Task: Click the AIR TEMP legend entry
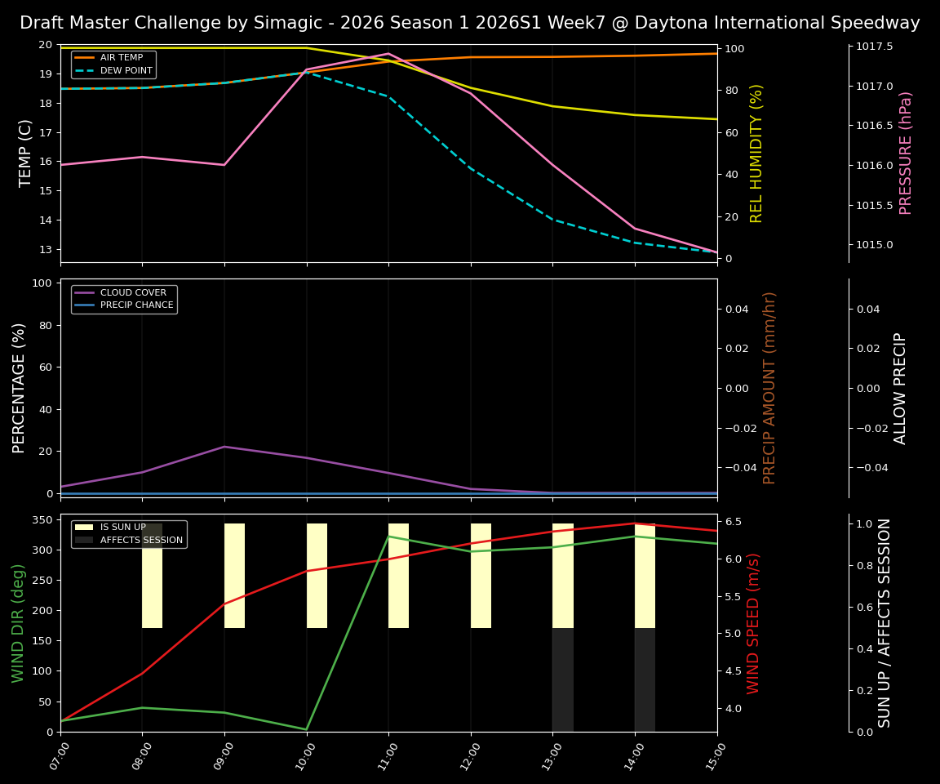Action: [x=122, y=58]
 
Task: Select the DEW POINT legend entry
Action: [x=126, y=71]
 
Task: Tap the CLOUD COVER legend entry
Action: [x=134, y=292]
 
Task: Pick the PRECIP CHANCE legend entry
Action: [x=136, y=305]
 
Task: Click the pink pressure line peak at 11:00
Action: [x=388, y=53]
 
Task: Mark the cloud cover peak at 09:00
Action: [x=224, y=447]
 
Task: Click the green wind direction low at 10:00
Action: [x=306, y=729]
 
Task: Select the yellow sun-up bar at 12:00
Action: [x=481, y=576]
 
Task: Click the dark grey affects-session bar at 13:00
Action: [x=562, y=679]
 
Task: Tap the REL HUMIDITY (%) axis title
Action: [x=756, y=153]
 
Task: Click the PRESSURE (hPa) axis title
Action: [x=905, y=153]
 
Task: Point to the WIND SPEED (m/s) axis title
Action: [x=753, y=623]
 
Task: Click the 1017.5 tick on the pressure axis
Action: [x=874, y=47]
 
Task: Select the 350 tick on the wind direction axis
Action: [x=42, y=519]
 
